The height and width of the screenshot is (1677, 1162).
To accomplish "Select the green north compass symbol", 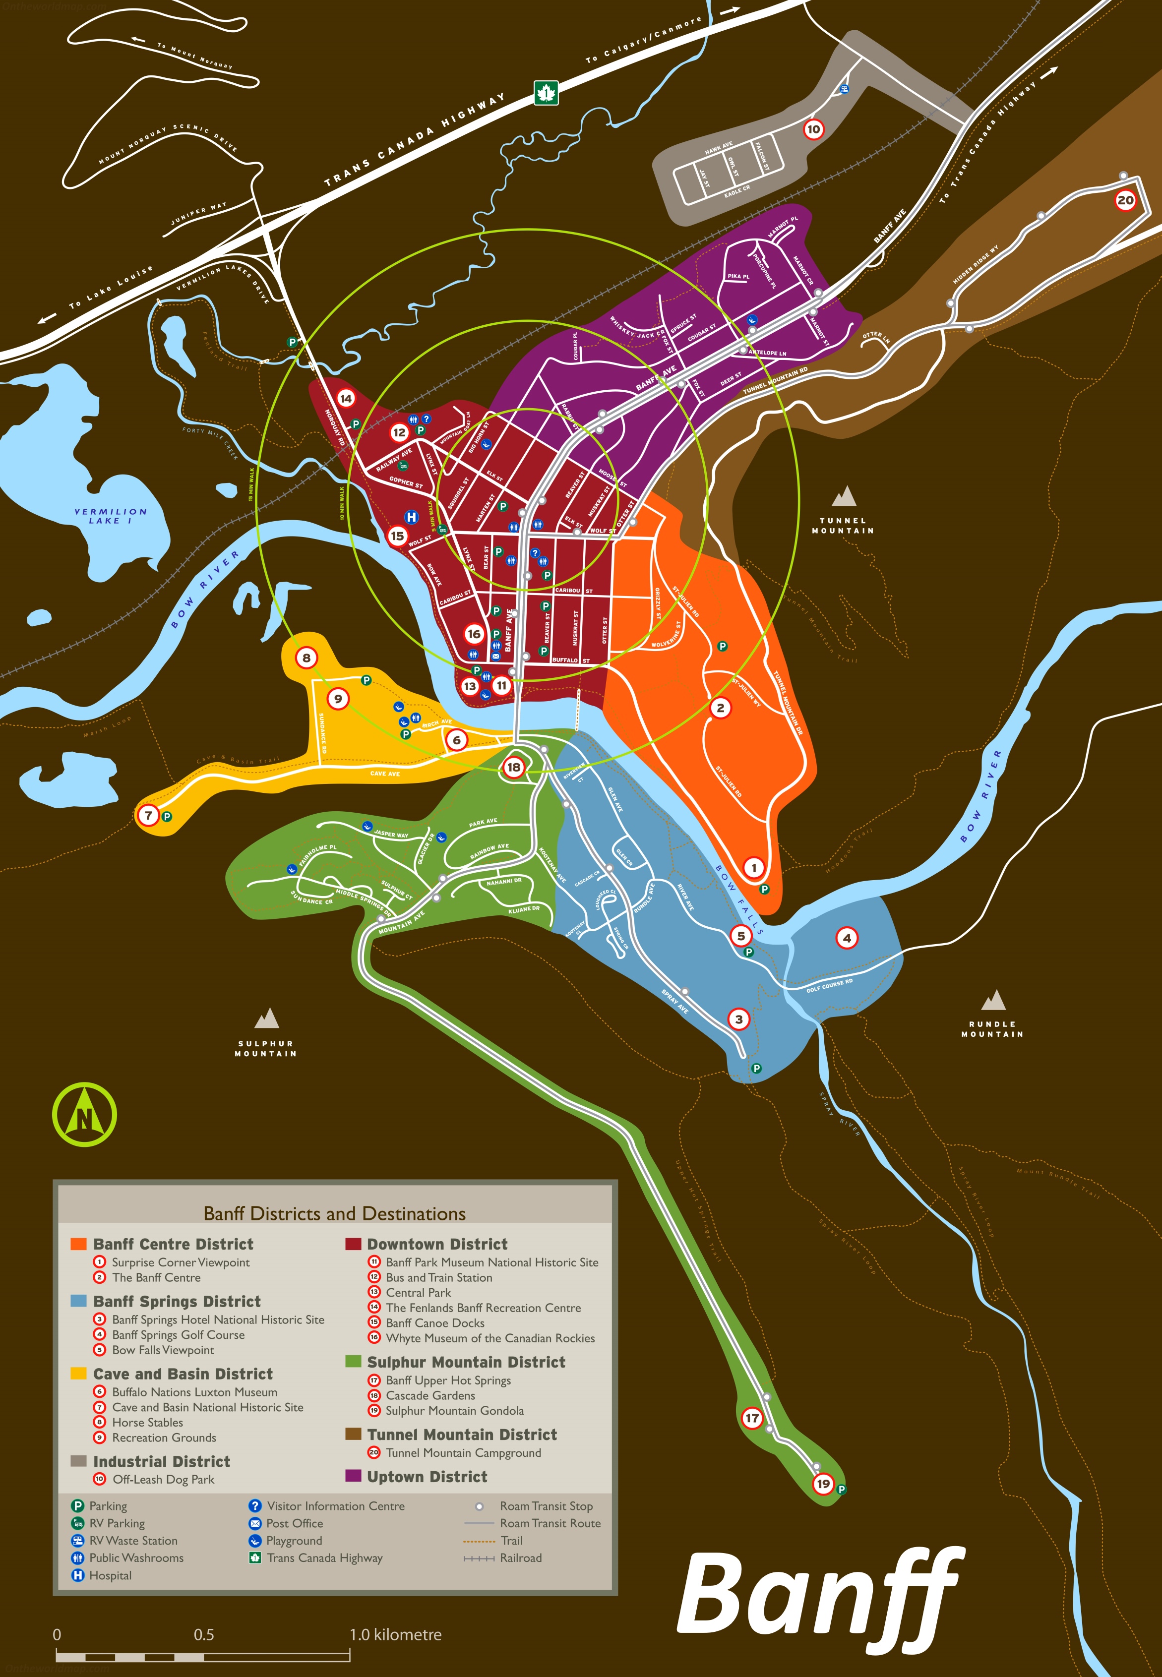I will click(84, 1114).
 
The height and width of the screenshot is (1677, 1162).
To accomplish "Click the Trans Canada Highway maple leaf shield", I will click(546, 92).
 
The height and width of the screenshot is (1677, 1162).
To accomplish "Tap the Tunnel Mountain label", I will click(843, 526).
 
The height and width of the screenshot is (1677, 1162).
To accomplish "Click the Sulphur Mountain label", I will click(266, 1048).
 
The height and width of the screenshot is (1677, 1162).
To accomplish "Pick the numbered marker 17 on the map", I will click(752, 1418).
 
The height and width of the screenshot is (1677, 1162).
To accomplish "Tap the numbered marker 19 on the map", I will click(823, 1484).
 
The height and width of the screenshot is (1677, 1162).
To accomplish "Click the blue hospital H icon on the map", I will click(411, 517).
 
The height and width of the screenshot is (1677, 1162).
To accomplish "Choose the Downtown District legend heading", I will click(437, 1244).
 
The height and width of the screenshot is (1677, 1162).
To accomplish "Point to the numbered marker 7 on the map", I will click(148, 815).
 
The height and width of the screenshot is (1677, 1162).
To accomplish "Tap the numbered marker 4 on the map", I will click(846, 938).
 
